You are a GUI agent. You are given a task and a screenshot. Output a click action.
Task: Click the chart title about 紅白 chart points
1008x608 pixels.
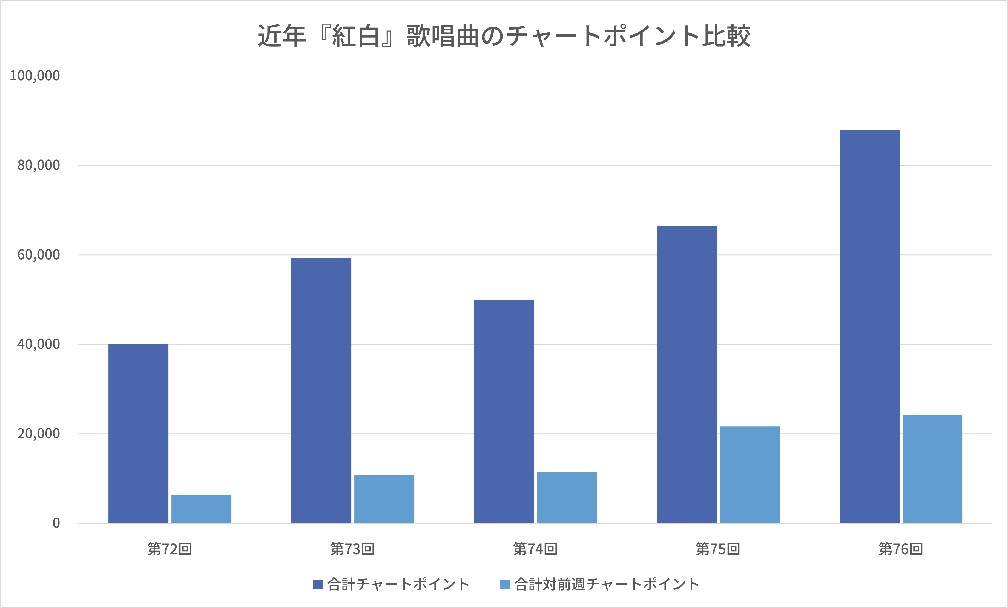tap(504, 36)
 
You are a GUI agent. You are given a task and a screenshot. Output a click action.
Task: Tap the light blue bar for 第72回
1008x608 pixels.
tap(201, 509)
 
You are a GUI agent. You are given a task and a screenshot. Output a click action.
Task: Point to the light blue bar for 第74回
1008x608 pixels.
tap(567, 497)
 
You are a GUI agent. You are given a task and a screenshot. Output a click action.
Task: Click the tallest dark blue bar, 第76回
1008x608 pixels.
tap(869, 326)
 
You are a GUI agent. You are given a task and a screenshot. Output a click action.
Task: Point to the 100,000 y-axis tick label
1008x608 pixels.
tap(35, 76)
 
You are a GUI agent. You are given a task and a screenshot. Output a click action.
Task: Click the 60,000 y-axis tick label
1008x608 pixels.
tap(39, 255)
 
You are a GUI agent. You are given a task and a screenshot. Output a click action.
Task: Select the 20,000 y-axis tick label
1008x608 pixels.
tap(39, 434)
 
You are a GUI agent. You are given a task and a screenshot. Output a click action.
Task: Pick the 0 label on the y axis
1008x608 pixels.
tap(56, 523)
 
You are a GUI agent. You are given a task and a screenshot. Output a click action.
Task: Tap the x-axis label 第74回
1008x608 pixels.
tap(535, 549)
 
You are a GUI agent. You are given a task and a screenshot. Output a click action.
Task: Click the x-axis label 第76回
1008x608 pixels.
tap(901, 549)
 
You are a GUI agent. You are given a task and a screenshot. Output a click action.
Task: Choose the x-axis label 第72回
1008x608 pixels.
tap(170, 549)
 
